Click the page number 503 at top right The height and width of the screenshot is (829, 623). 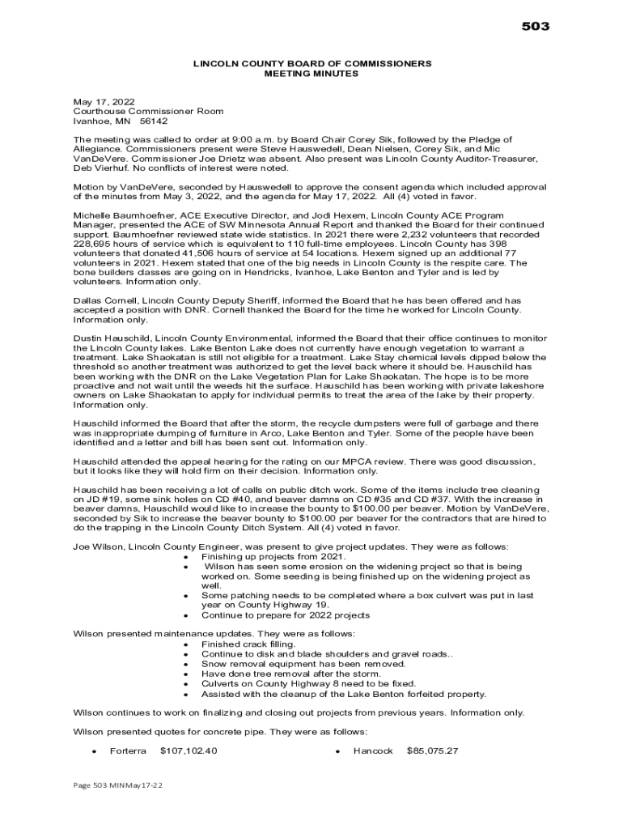coord(535,27)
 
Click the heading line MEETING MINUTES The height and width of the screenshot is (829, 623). coord(311,74)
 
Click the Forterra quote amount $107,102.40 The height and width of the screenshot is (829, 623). coord(189,750)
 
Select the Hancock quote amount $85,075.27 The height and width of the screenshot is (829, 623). coord(432,750)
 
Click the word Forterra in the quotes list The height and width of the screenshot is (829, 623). coord(128,750)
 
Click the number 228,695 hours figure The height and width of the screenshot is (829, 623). coord(94,244)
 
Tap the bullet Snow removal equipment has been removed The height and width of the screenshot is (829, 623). coord(303,664)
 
